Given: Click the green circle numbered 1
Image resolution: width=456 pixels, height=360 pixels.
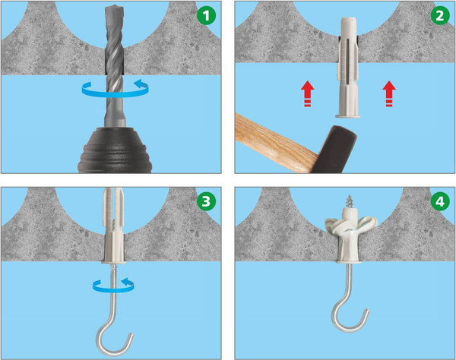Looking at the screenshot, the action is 206,15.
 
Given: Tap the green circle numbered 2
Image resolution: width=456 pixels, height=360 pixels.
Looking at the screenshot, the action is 440,15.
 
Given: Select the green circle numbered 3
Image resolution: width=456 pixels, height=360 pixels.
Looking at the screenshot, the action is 206,201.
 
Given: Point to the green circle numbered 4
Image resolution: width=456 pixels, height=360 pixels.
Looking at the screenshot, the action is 440,201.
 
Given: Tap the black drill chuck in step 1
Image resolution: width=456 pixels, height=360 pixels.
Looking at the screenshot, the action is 115,150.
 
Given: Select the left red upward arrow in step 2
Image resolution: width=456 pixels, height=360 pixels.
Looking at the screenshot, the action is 307,94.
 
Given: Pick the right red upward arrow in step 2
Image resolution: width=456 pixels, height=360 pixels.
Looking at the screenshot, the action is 389,94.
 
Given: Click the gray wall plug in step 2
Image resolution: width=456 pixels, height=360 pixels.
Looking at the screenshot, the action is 348,68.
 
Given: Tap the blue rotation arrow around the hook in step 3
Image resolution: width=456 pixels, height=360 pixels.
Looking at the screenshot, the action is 113,286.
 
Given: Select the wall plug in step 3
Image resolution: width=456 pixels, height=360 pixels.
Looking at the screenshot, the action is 114,226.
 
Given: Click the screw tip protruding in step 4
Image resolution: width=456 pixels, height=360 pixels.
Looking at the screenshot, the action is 350,202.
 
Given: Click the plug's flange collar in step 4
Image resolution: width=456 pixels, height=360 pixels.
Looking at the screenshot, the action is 350,262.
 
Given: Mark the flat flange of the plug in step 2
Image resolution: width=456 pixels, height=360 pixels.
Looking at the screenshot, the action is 348,116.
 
